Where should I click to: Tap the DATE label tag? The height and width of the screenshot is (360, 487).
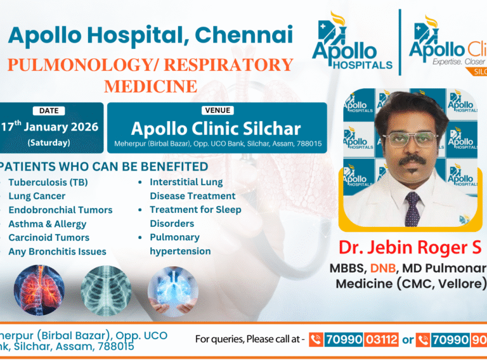[x=49, y=110]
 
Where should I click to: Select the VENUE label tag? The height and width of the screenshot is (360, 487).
[x=216, y=110]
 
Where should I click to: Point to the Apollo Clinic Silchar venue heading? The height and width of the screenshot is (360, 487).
[x=216, y=129]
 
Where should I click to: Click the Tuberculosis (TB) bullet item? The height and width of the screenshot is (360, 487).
[x=48, y=182]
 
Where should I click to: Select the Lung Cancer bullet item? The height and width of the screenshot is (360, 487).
[x=37, y=196]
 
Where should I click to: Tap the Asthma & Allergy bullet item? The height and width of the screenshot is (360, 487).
[x=47, y=224]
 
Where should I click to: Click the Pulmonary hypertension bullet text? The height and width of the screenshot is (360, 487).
[x=180, y=244]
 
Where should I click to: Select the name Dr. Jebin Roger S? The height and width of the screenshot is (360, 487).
[x=410, y=247]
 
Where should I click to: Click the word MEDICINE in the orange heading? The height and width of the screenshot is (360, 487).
[x=150, y=85]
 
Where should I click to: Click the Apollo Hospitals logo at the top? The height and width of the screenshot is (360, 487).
[x=353, y=44]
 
